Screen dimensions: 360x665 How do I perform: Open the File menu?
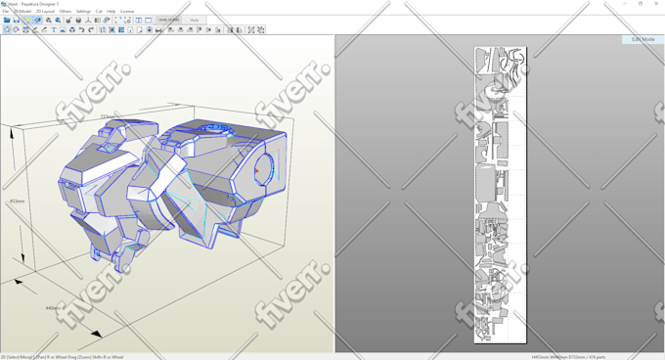(6, 11)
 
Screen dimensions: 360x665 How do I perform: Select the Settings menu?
(83, 11)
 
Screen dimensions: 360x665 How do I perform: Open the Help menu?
(111, 11)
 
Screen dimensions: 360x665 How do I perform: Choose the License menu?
(127, 11)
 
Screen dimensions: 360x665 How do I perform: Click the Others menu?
(66, 11)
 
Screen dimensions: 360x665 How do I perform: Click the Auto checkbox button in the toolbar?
(194, 20)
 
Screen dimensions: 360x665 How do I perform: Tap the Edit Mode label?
(643, 39)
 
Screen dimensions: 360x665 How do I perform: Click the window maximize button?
(641, 4)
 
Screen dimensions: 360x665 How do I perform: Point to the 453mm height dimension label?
(17, 202)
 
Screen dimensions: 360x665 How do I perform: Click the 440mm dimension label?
(54, 308)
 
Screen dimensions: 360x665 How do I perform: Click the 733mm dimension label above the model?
(106, 116)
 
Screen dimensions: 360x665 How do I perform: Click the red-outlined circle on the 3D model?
(262, 170)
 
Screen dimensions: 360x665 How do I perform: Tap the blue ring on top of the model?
(212, 127)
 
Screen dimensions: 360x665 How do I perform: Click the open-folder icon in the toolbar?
(7, 20)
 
